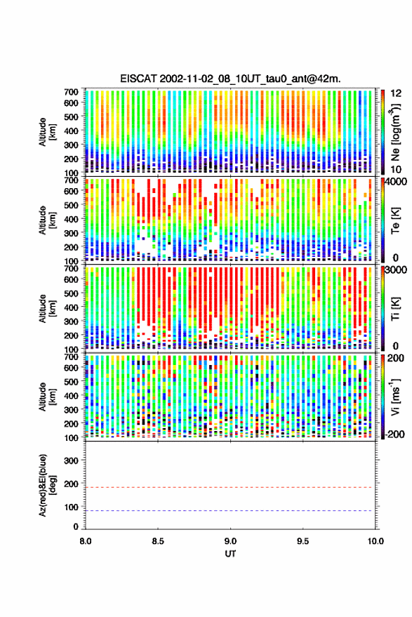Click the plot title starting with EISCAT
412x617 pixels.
[x=230, y=79]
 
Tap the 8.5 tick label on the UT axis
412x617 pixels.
[x=158, y=541]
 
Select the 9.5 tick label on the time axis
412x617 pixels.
[x=303, y=541]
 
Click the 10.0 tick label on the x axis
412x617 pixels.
[x=376, y=541]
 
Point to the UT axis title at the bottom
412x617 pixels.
[x=230, y=554]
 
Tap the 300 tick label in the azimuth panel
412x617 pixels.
[x=71, y=460]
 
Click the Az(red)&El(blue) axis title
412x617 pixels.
[x=46, y=485]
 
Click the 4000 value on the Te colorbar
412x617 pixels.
[x=397, y=182]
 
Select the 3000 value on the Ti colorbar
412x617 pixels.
[x=397, y=270]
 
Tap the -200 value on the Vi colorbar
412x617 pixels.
[x=394, y=434]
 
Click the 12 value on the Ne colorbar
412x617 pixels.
[x=397, y=93]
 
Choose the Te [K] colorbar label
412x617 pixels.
[x=395, y=221]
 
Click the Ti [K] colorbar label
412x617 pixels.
[x=395, y=310]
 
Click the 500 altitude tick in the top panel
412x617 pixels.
[x=71, y=117]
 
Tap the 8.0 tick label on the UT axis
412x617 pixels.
[x=86, y=541]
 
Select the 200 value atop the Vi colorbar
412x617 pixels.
[x=396, y=358]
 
